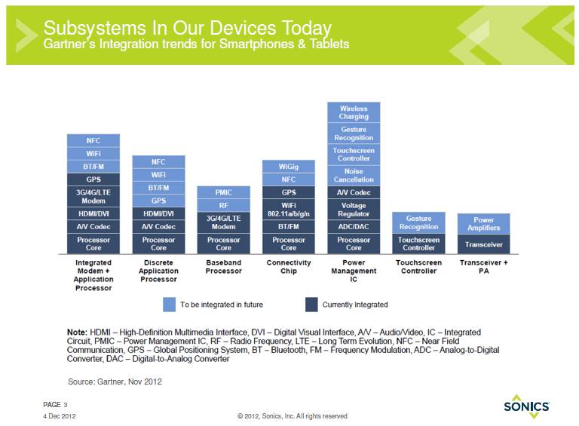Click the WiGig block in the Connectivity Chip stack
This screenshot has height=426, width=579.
click(x=289, y=167)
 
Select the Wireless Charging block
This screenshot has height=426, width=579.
click(x=354, y=112)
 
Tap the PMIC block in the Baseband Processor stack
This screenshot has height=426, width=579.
click(x=223, y=192)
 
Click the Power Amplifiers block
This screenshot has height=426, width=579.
click(x=484, y=224)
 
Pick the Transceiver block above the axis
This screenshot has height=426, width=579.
click(x=484, y=244)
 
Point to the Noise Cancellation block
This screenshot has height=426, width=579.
click(x=354, y=176)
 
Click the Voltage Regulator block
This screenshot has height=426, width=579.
click(x=354, y=210)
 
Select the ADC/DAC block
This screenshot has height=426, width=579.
click(x=354, y=227)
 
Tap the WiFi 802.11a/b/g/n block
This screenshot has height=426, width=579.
click(x=289, y=210)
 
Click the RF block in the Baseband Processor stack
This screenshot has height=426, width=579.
click(x=223, y=205)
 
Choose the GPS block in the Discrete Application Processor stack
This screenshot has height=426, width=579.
click(x=158, y=201)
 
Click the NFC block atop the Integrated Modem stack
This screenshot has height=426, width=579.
click(x=93, y=141)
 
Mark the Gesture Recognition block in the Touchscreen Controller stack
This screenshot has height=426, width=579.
click(x=418, y=222)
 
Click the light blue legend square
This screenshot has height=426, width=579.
click(x=169, y=305)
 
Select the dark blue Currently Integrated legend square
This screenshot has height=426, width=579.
click(x=311, y=305)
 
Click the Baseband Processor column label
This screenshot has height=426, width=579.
click(x=223, y=267)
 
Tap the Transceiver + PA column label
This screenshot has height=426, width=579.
click(x=484, y=267)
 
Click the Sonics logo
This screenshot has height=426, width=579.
click(x=526, y=406)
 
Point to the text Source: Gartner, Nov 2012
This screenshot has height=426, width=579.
click(x=115, y=382)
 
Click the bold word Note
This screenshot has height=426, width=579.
click(x=77, y=333)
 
